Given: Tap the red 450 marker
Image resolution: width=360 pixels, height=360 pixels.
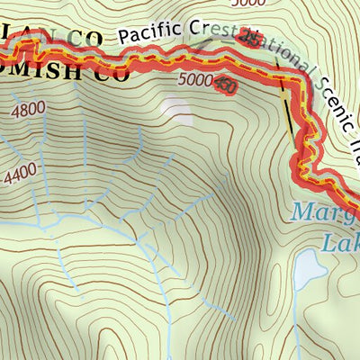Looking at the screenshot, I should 225,85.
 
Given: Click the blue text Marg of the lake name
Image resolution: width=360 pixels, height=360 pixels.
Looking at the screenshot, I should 325,214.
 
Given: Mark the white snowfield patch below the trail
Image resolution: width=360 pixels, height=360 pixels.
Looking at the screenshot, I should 177,109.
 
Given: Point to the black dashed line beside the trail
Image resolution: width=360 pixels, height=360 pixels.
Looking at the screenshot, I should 289,112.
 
